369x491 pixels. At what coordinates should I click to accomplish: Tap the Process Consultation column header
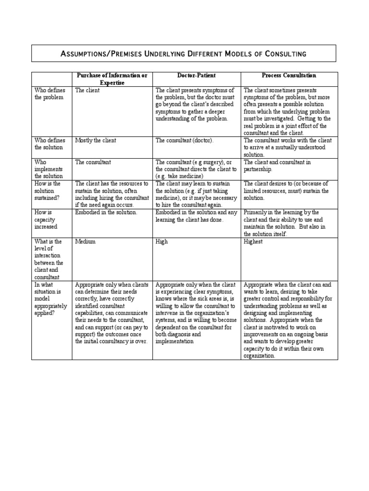coord(289,76)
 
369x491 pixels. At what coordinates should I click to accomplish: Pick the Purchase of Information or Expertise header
coord(112,79)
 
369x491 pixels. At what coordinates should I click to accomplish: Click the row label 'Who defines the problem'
coord(48,94)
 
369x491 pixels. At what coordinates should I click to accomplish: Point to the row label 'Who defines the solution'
coord(49,144)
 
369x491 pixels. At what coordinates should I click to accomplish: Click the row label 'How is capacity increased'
coord(46,219)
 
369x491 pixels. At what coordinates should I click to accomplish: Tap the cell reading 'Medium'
coord(86,242)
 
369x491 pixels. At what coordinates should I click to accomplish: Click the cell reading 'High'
coord(161,242)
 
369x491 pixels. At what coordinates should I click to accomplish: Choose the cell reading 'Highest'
coord(253,242)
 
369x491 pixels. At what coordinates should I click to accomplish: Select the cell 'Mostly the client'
coord(96,140)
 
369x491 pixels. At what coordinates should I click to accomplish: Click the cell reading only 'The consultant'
coord(93,162)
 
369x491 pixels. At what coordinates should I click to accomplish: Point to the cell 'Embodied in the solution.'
coord(106,212)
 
